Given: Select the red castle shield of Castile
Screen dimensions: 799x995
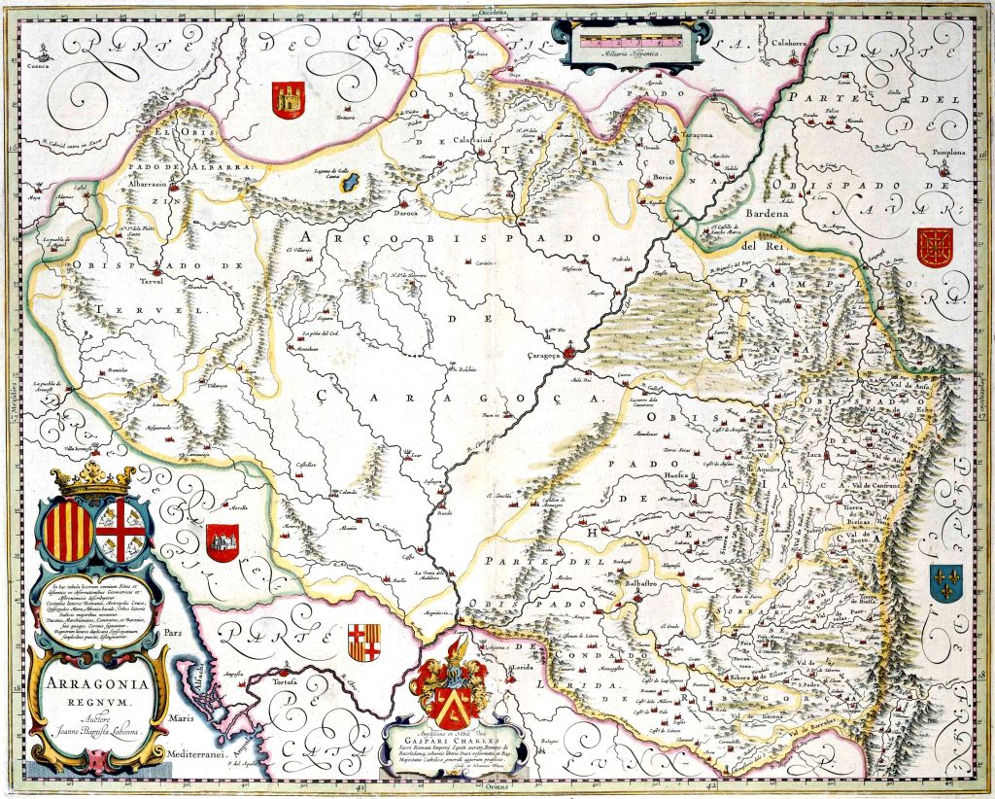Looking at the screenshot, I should (x=288, y=100).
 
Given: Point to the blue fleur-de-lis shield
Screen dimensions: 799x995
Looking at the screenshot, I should (x=944, y=582).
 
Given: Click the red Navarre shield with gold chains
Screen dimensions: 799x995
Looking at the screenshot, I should (x=936, y=248).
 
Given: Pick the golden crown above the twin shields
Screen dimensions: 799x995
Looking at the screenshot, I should (x=94, y=479).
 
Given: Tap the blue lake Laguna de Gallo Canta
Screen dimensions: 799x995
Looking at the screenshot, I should (x=354, y=183).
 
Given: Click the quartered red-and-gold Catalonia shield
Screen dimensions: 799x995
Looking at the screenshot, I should (x=364, y=643).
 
